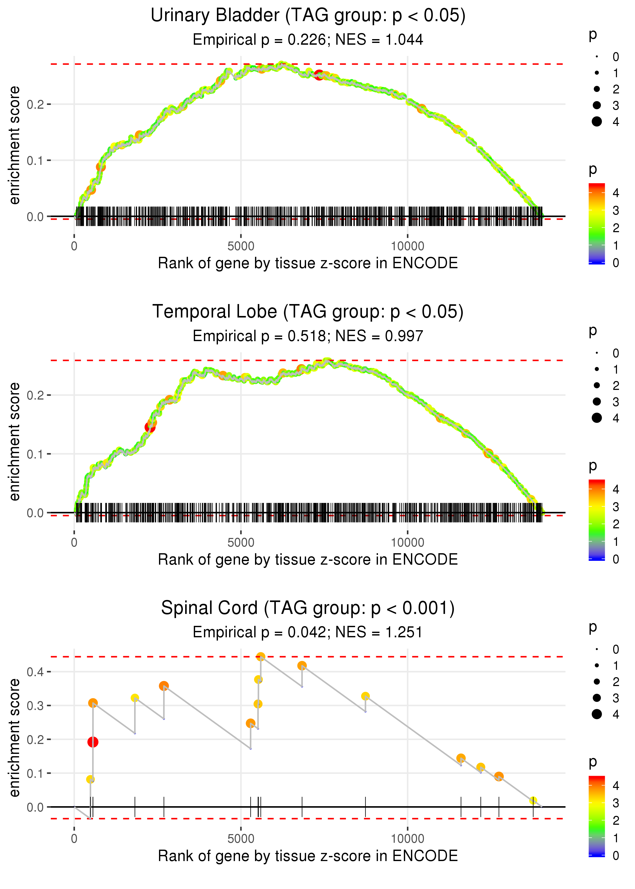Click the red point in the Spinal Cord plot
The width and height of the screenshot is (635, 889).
pyautogui.click(x=93, y=742)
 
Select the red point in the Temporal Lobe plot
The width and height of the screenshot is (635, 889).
pyautogui.click(x=150, y=427)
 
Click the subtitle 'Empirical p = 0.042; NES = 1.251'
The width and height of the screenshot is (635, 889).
pyautogui.click(x=308, y=632)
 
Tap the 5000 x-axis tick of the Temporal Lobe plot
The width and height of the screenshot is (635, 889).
pyautogui.click(x=241, y=542)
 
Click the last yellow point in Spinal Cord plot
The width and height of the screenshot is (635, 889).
pyautogui.click(x=533, y=801)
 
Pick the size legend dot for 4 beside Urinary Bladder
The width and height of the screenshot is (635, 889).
pyautogui.click(x=597, y=122)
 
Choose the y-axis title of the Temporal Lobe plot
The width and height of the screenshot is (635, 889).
pyautogui.click(x=14, y=442)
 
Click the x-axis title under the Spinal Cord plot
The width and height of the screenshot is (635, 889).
pyautogui.click(x=308, y=856)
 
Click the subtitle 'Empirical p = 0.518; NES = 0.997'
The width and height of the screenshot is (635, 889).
pyautogui.click(x=308, y=336)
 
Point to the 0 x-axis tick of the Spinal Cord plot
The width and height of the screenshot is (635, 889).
pyautogui.click(x=74, y=838)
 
